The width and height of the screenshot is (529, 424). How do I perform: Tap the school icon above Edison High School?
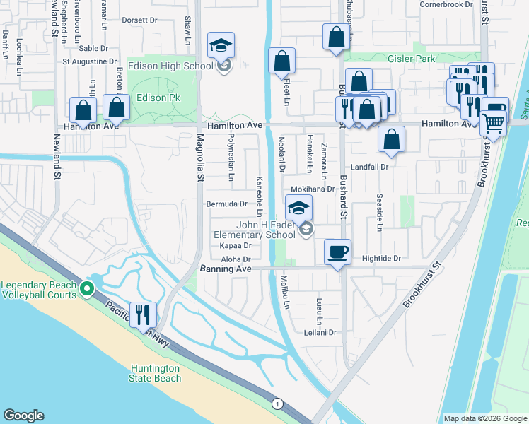point(221,45)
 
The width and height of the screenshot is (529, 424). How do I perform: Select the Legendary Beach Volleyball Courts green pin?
point(86,288)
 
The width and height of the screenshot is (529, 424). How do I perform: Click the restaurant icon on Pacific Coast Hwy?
point(144,313)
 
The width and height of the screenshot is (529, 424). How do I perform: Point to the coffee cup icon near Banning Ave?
point(337,250)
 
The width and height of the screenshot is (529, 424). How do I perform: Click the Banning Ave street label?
point(226,269)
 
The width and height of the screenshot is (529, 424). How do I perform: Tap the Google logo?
point(23,416)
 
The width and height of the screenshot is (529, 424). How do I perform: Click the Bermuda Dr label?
point(226,204)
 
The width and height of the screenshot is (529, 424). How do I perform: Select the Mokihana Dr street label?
point(313,189)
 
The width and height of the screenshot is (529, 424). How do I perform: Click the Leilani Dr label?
point(319,332)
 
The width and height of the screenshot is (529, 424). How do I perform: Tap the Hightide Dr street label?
point(381,259)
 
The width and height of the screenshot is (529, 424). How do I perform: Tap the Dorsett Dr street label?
point(139,20)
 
